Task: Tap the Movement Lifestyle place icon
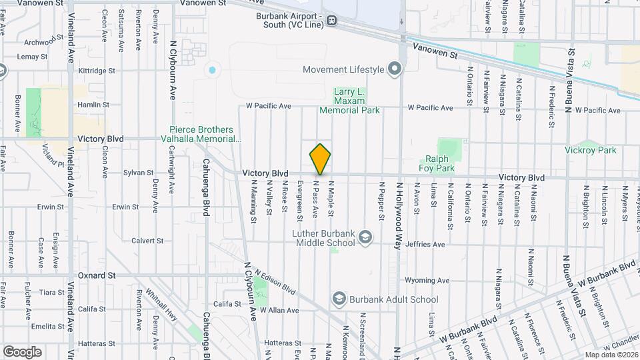click(x=395, y=69)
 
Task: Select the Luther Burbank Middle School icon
click(x=365, y=237)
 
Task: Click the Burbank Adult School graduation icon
click(x=339, y=299)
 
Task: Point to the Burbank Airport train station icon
click(x=331, y=21)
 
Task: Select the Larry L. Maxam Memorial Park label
click(x=349, y=101)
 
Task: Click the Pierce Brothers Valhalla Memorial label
click(x=205, y=134)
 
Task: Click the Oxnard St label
click(x=97, y=275)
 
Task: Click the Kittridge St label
click(x=97, y=70)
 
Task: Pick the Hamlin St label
click(x=93, y=105)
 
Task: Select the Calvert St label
click(x=147, y=241)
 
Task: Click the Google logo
click(x=22, y=351)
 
